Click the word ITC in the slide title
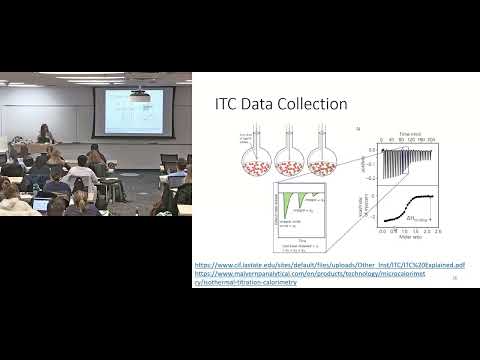pyautogui.click(x=229, y=104)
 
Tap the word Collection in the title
pyautogui.click(x=315, y=104)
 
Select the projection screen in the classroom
pyautogui.click(x=127, y=111)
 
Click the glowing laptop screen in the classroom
pyautogui.click(x=42, y=204)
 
